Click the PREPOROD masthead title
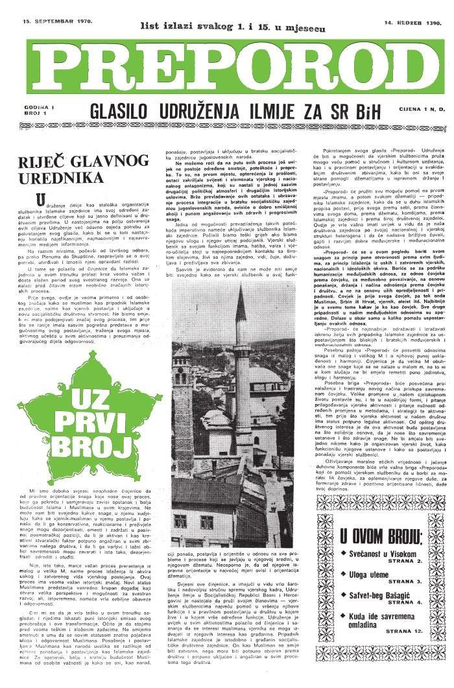coord(227,64)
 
